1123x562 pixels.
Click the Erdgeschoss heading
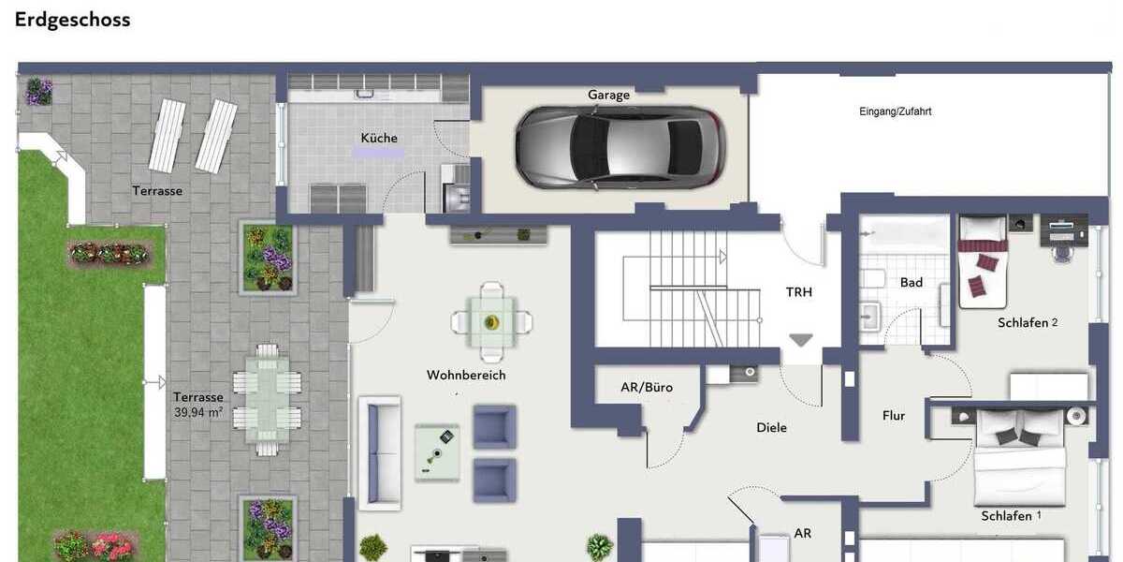tap(72, 20)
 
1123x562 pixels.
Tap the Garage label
tap(608, 95)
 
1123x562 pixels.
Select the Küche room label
tap(379, 138)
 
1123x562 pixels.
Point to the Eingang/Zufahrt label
tap(895, 111)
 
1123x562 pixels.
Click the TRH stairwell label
tap(798, 292)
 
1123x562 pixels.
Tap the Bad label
tap(911, 282)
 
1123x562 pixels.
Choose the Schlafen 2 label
tap(1027, 322)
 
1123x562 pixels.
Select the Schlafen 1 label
tap(1011, 516)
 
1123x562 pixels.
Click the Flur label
tap(893, 415)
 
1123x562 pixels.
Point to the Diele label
tap(771, 427)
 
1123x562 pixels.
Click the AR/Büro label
tap(646, 387)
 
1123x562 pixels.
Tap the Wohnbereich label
tap(466, 375)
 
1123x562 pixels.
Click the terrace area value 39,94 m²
tap(197, 411)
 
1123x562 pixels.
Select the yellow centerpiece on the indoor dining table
tap(491, 322)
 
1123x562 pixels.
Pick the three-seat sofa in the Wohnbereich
tap(379, 452)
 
